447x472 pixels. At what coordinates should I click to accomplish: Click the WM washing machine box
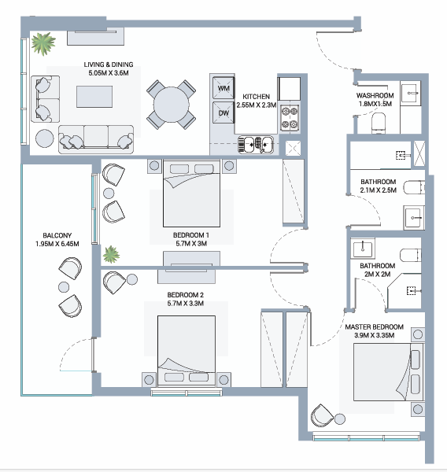tap(223, 88)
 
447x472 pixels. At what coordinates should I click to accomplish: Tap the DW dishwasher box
tap(223, 112)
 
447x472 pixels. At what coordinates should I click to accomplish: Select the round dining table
tap(172, 105)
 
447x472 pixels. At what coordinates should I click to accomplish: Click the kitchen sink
tap(256, 144)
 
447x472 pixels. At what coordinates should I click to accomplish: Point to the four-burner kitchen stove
tap(290, 118)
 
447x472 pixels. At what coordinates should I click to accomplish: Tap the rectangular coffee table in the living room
tap(94, 97)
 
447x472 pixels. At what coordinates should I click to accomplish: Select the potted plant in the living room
tap(43, 44)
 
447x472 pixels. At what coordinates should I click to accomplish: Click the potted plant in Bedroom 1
tap(111, 254)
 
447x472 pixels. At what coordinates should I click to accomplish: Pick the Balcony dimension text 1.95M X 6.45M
tap(57, 244)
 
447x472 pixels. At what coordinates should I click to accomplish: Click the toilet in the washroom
tap(379, 123)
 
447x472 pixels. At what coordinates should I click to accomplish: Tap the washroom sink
tap(410, 93)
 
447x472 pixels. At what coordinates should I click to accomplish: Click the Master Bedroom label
tap(374, 327)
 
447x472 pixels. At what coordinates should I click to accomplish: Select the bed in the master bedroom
tap(388, 372)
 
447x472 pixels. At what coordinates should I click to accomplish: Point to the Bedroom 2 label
tap(186, 295)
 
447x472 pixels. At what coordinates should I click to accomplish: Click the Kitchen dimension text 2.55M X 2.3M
tap(257, 105)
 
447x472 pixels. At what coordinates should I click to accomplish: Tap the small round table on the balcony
tap(64, 287)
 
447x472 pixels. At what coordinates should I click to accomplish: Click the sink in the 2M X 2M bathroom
tap(363, 249)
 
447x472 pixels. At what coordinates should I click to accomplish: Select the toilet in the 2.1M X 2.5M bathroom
tap(414, 187)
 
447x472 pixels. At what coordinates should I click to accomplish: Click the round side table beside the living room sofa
tap(45, 138)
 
